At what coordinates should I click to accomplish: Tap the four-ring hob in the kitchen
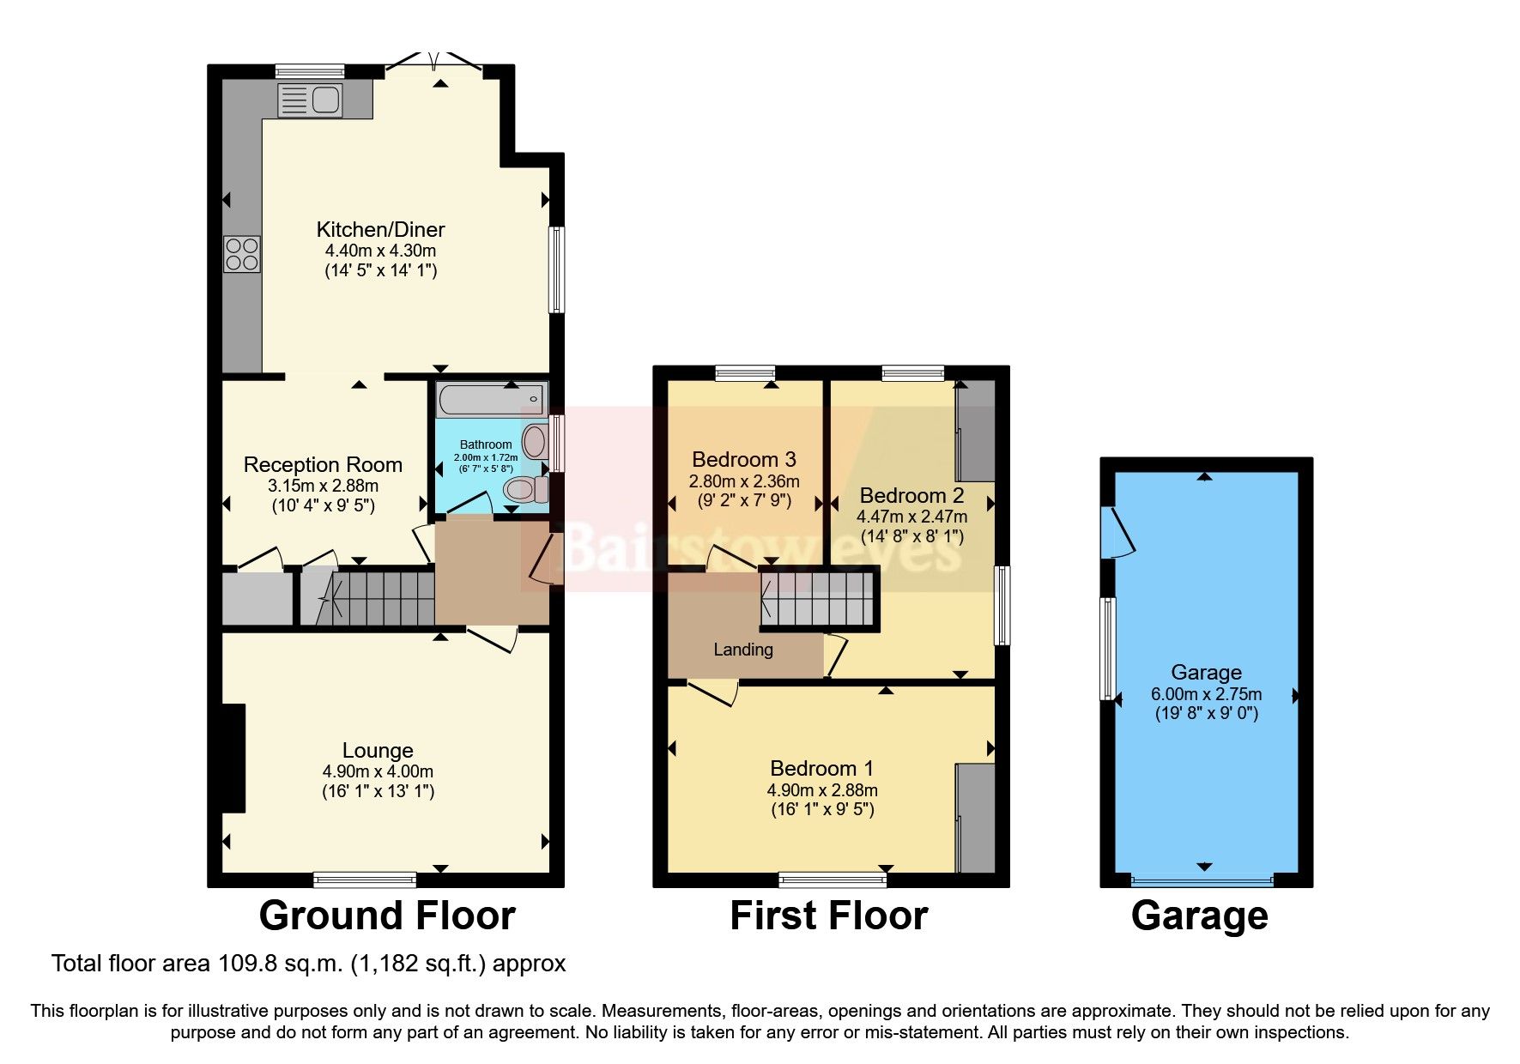click(x=242, y=254)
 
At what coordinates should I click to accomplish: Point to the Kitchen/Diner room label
click(x=380, y=229)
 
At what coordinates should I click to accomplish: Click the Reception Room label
click(x=323, y=465)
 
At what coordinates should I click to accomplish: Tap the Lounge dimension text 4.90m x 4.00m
click(x=378, y=771)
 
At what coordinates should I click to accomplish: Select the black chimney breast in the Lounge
click(x=233, y=758)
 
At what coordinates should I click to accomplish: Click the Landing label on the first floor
click(x=743, y=650)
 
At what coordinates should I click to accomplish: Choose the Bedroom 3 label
click(x=744, y=459)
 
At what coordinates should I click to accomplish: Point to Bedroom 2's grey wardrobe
click(x=976, y=431)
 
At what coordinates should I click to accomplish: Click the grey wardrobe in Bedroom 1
click(x=976, y=818)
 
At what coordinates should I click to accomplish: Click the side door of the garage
click(x=1117, y=533)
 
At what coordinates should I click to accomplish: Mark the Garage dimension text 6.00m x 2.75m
click(x=1206, y=694)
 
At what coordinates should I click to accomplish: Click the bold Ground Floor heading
click(x=386, y=916)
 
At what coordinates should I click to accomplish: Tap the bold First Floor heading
click(x=828, y=916)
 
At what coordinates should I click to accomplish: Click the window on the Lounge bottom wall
click(x=365, y=879)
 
